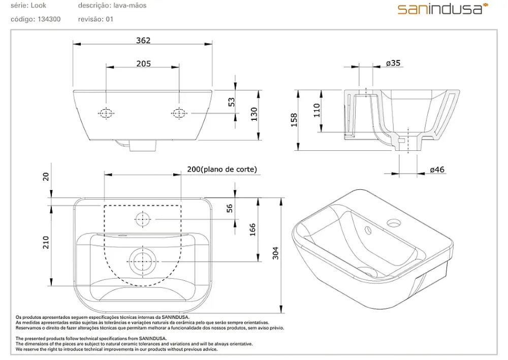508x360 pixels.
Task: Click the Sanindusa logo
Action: tap(442, 9)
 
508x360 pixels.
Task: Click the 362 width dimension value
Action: tap(143, 41)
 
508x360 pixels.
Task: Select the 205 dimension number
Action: tap(144, 63)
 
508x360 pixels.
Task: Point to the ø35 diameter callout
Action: tap(393, 63)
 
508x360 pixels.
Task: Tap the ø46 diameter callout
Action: tap(437, 169)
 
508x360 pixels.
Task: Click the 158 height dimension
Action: tap(294, 120)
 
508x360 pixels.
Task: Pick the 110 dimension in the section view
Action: tap(316, 110)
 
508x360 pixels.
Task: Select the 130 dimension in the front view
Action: tap(254, 114)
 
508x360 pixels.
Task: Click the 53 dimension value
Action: tap(232, 102)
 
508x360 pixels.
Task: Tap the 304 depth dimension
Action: tap(275, 253)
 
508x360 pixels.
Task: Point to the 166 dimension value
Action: tap(252, 230)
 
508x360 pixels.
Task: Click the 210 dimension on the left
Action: tap(46, 243)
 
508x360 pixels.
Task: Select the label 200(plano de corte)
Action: tap(222, 169)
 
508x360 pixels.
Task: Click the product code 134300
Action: tap(49, 19)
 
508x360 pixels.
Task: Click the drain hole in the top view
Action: tap(143, 261)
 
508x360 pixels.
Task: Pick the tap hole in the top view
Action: tap(143, 219)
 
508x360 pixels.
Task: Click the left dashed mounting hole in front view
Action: tap(106, 113)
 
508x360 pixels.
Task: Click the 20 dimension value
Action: tap(46, 176)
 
